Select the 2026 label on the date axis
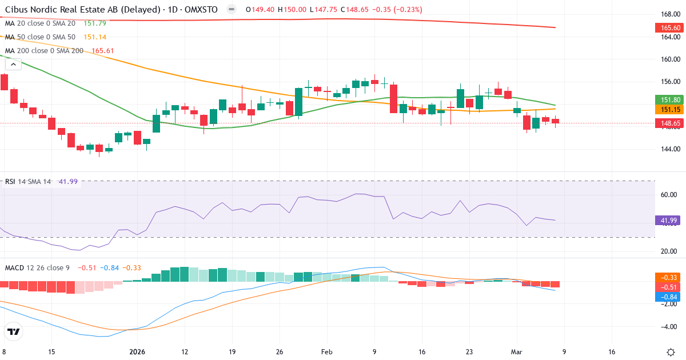pyautogui.click(x=137, y=352)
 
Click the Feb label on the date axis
pyautogui.click(x=326, y=352)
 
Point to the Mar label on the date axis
pyautogui.click(x=516, y=352)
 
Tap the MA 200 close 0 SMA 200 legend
pyautogui.click(x=45, y=50)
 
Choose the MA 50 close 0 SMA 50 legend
pyautogui.click(x=41, y=37)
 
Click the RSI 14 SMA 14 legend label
pyautogui.click(x=27, y=182)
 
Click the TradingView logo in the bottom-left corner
pyautogui.click(x=14, y=331)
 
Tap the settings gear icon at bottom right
pyautogui.click(x=671, y=352)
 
